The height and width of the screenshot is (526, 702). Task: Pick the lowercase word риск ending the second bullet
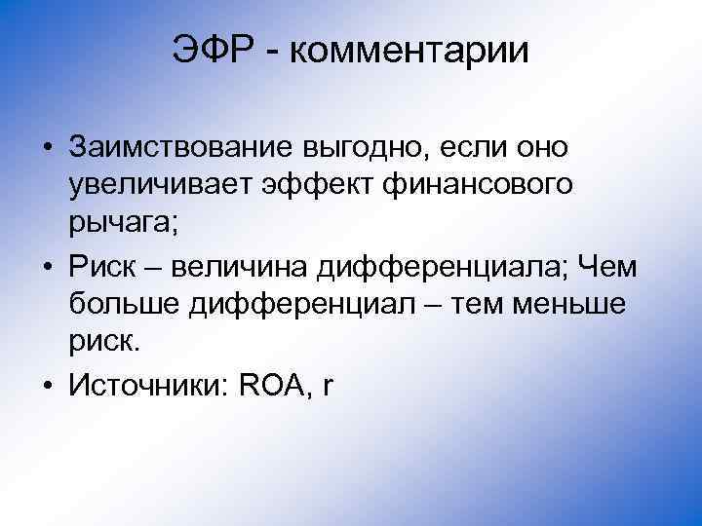click(x=104, y=343)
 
